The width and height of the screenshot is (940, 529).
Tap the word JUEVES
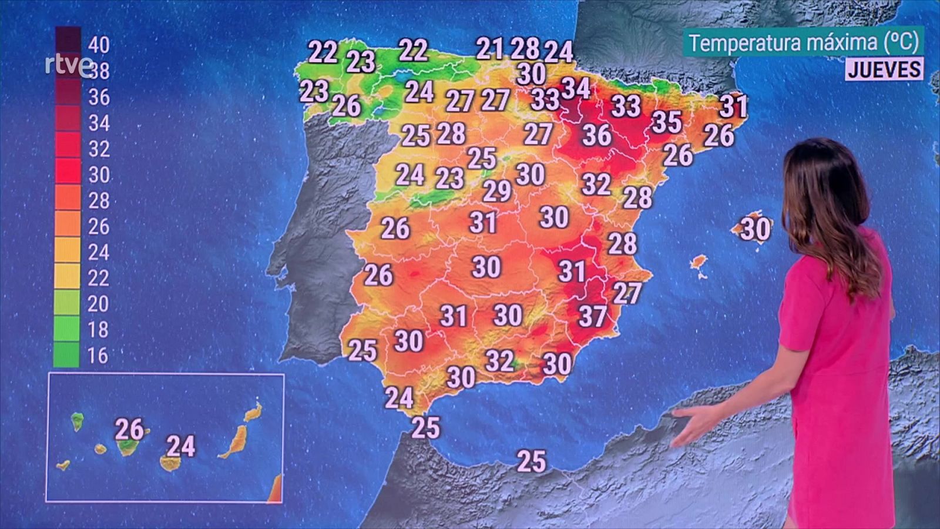[884, 69]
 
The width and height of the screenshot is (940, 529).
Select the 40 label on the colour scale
[99, 45]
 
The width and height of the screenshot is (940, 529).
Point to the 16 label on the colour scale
[99, 355]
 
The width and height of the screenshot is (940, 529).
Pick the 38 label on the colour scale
[99, 71]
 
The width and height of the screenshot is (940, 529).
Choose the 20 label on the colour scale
[99, 303]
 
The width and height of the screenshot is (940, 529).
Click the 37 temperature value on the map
[592, 316]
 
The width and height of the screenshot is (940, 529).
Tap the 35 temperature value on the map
[667, 122]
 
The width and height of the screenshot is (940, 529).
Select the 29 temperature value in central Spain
[497, 191]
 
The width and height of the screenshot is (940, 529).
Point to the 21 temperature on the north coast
[489, 49]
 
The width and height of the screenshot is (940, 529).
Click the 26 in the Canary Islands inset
[129, 430]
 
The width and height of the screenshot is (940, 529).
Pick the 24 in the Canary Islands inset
[181, 447]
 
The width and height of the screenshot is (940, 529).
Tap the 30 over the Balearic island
[756, 229]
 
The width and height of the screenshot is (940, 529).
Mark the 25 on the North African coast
[531, 462]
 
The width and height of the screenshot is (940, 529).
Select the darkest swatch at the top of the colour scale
[68, 39]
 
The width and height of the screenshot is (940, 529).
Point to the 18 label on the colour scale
[99, 329]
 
